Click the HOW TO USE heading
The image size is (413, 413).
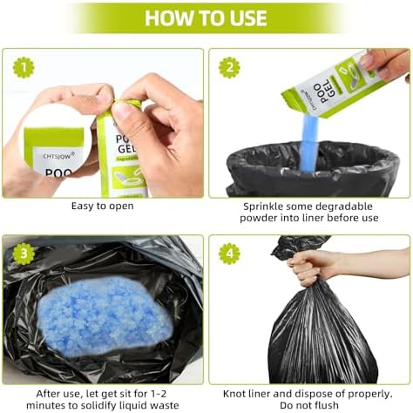(x=206, y=18)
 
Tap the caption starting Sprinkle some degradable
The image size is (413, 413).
(x=308, y=212)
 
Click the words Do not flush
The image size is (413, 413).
(x=308, y=404)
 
